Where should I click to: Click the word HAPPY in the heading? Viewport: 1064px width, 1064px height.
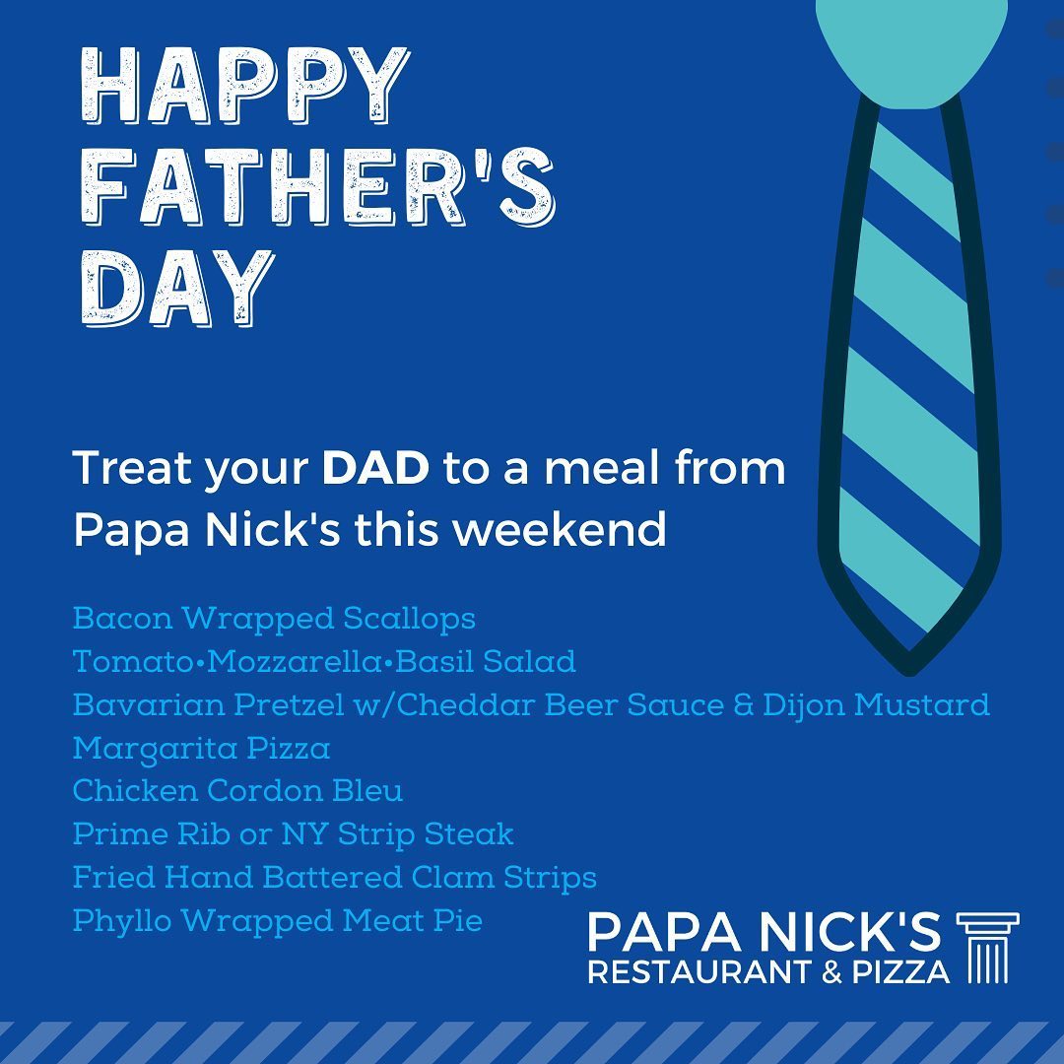point(245,86)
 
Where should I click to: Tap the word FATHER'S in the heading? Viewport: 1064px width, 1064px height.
point(318,186)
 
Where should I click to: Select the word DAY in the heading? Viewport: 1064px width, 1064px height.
point(177,287)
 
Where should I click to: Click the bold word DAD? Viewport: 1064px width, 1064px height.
point(375,468)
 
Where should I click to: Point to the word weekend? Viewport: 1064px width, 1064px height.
point(560,529)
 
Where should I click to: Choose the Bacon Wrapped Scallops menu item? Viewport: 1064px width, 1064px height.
point(274,619)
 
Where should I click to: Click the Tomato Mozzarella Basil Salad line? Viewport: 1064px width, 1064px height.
point(324,662)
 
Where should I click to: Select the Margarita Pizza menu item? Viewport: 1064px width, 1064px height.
point(202,749)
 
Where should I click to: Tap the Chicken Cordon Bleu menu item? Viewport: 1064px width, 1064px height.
point(237,791)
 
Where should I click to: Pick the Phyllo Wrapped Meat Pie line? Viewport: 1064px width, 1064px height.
point(278,921)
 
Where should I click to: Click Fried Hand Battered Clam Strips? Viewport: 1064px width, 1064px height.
point(335,878)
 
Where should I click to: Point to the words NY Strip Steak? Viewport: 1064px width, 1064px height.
point(398,834)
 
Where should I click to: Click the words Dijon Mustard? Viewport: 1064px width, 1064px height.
point(876,705)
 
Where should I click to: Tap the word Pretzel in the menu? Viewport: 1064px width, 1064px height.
point(289,705)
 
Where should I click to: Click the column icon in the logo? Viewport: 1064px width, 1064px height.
point(987,948)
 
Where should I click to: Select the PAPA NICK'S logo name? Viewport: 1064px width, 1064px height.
point(765,932)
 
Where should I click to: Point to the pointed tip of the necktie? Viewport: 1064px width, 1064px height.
point(909,672)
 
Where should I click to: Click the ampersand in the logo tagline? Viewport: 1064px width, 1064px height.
point(831,972)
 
